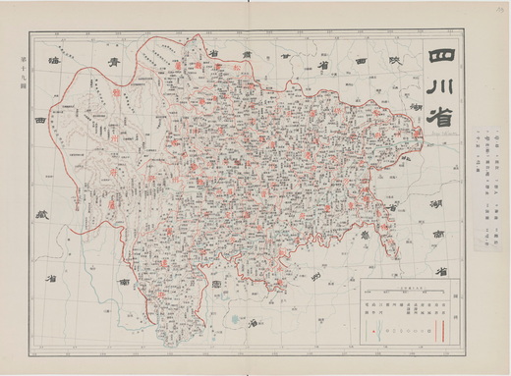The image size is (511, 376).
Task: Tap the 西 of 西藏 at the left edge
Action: click(40, 124)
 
